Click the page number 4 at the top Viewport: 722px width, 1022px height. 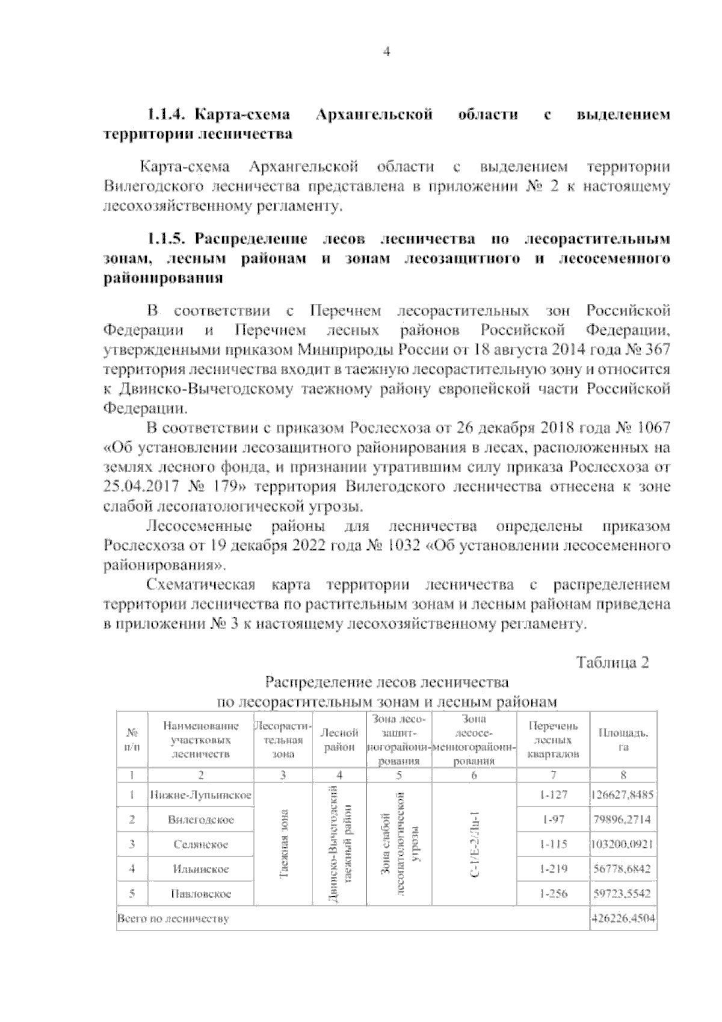click(x=387, y=52)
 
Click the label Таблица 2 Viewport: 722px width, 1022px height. click(x=613, y=662)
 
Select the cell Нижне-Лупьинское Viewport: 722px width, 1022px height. click(x=200, y=795)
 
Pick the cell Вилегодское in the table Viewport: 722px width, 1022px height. click(x=200, y=820)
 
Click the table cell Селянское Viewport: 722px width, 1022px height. click(x=200, y=844)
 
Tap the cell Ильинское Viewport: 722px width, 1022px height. click(x=200, y=869)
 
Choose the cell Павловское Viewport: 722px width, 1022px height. click(x=200, y=894)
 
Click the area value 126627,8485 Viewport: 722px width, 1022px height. click(x=623, y=795)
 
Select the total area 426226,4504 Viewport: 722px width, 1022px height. click(x=623, y=919)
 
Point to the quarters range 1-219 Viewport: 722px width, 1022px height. click(x=554, y=869)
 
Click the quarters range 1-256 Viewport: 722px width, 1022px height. click(x=554, y=894)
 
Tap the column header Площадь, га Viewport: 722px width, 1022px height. click(x=623, y=740)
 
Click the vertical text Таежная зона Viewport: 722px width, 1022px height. click(x=283, y=844)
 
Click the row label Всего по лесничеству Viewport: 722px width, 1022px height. click(x=173, y=919)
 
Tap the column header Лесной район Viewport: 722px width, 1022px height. click(x=339, y=740)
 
